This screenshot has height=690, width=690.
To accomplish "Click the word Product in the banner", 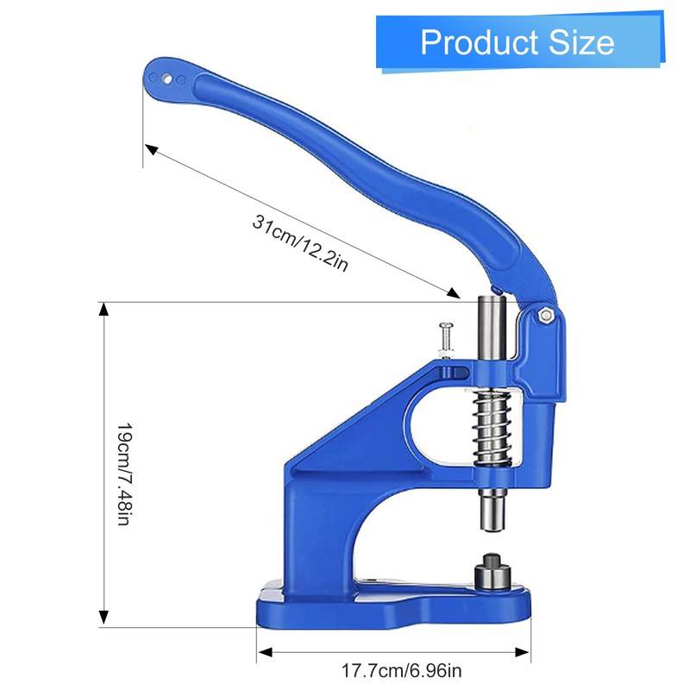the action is (479, 42).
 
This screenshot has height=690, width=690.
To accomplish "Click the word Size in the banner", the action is (581, 42).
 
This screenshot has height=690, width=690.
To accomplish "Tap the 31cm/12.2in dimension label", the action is (300, 243).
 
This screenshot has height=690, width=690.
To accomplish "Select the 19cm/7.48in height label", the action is (124, 474).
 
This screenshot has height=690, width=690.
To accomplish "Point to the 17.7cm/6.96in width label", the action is (402, 671).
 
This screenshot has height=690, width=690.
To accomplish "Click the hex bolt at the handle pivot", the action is (546, 315).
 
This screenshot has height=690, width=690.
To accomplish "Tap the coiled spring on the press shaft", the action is (492, 428).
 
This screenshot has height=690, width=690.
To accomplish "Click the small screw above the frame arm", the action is (446, 340).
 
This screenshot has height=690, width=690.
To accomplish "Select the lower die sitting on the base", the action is (492, 570).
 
